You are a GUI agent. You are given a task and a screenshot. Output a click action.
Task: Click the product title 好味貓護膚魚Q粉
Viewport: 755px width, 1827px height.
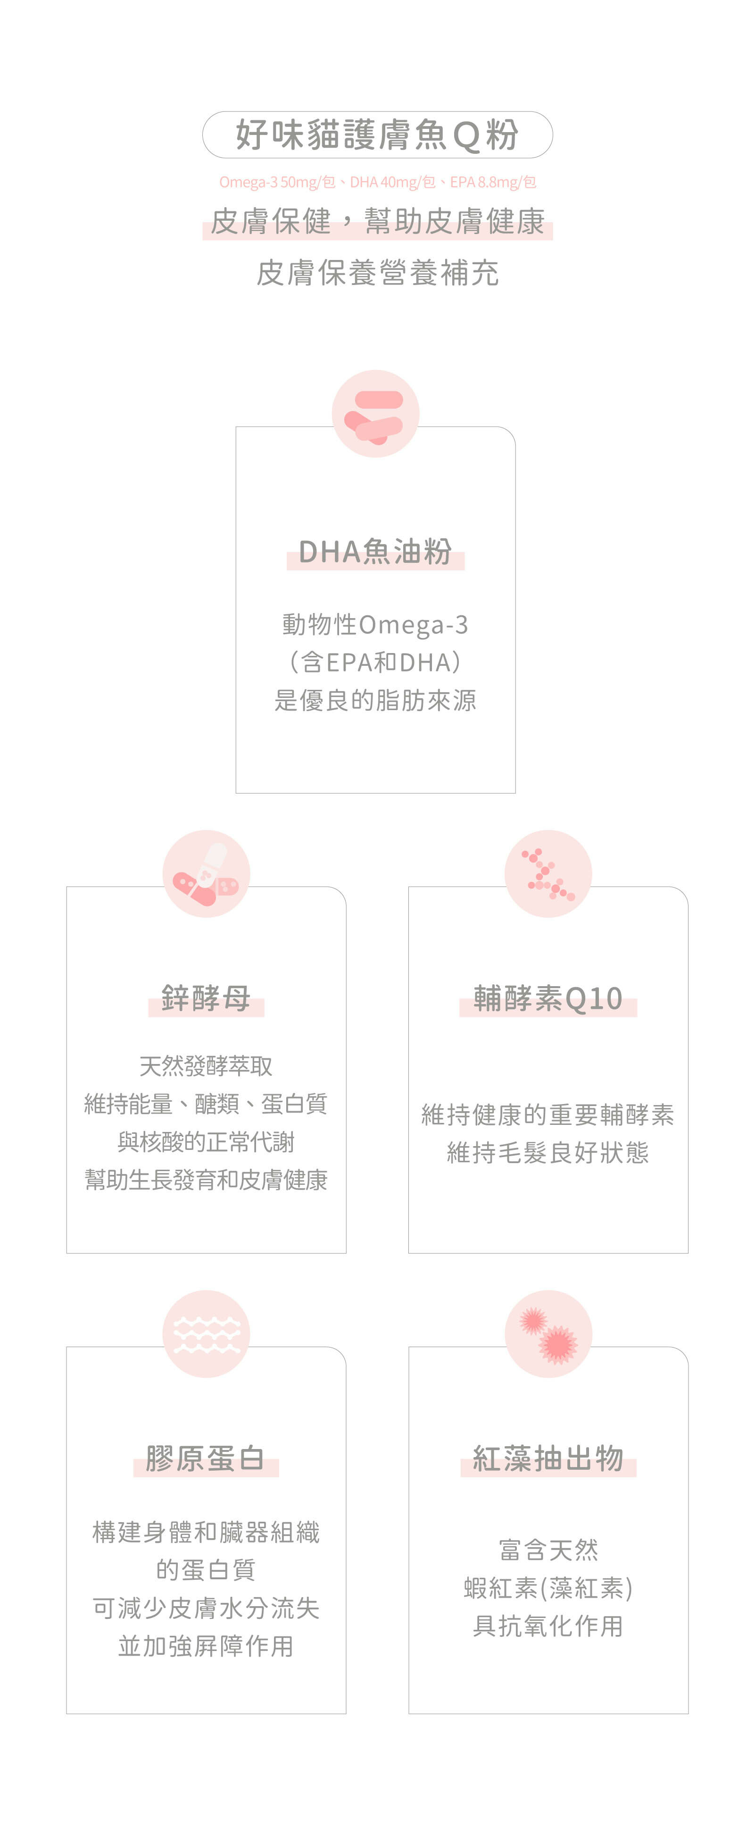[x=377, y=135]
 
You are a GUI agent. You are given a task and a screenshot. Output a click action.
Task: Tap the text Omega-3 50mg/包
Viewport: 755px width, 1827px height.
[x=276, y=182]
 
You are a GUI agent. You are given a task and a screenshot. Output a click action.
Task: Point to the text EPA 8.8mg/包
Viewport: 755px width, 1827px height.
[x=493, y=182]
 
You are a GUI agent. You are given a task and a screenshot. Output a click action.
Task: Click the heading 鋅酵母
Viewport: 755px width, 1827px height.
[x=206, y=998]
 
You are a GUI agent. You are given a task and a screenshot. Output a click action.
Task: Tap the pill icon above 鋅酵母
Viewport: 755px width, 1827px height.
[x=206, y=874]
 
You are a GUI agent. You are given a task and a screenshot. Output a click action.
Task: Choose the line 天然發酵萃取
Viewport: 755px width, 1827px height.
[x=206, y=1065]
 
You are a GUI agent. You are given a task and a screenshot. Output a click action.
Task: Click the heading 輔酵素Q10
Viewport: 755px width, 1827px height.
[x=548, y=998]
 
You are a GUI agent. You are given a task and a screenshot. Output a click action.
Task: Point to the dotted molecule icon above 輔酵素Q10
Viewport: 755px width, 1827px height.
[x=548, y=874]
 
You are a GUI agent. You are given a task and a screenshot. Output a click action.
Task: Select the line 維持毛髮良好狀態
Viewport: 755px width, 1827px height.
[x=548, y=1153]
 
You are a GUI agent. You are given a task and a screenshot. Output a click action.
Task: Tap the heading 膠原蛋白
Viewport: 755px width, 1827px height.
[x=206, y=1458]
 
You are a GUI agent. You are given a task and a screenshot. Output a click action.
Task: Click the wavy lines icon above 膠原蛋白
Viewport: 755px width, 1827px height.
[x=206, y=1334]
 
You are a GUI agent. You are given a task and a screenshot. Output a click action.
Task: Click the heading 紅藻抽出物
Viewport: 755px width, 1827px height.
[x=548, y=1458]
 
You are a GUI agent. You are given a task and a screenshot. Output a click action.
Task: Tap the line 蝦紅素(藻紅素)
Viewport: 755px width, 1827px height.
[x=548, y=1588]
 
